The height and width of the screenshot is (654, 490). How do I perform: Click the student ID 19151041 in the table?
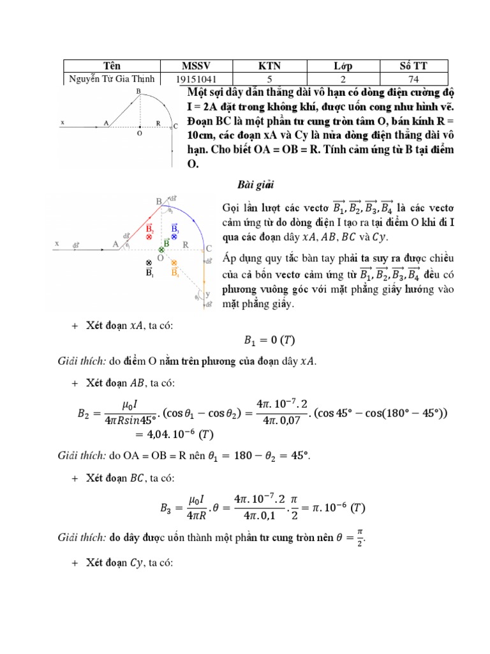click(x=196, y=80)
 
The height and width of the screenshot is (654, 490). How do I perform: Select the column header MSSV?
click(x=196, y=66)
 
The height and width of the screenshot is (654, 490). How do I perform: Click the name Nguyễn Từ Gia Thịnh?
click(x=110, y=79)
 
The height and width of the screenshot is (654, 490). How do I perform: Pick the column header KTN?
click(x=270, y=66)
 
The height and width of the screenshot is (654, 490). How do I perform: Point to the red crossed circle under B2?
click(x=149, y=237)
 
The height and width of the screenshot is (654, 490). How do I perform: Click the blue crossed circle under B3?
click(x=175, y=237)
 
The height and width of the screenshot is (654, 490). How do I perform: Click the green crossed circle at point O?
click(x=161, y=250)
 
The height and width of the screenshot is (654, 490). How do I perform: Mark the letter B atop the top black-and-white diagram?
click(x=138, y=92)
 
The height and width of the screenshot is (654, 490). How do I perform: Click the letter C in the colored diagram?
click(x=208, y=248)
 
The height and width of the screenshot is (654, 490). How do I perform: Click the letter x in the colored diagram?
click(x=57, y=243)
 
